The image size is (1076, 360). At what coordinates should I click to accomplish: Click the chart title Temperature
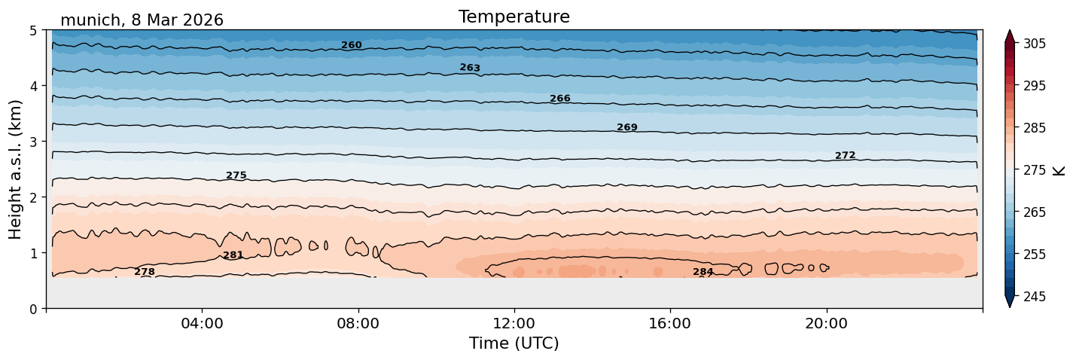click(x=514, y=17)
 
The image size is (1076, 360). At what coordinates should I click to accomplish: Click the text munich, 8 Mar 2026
click(x=142, y=20)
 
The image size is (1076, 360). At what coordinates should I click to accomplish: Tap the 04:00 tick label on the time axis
click(x=203, y=323)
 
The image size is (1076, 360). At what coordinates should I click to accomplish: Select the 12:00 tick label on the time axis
click(x=514, y=323)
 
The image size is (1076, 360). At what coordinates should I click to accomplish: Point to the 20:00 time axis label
click(x=827, y=323)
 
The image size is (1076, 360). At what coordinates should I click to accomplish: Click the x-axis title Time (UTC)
click(x=514, y=343)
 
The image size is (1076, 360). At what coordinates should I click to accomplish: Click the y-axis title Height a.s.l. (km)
click(x=15, y=169)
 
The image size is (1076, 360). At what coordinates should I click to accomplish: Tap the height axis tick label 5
click(x=33, y=31)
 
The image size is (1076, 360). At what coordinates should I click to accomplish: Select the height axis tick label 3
click(x=33, y=142)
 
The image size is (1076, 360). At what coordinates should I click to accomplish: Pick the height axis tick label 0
click(x=33, y=309)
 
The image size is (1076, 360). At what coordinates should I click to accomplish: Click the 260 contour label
click(x=351, y=45)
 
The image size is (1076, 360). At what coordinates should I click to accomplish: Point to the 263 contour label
click(x=470, y=68)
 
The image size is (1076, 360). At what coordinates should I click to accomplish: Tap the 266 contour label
click(x=560, y=99)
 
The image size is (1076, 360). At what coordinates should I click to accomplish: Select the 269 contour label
click(x=627, y=127)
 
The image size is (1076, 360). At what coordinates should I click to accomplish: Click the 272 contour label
click(x=845, y=155)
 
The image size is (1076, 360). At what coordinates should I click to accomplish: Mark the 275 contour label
click(x=236, y=175)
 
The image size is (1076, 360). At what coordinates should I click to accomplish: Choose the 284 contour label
click(x=703, y=272)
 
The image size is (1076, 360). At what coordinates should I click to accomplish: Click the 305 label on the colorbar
click(x=1035, y=44)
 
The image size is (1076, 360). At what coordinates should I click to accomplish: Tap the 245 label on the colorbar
click(x=1035, y=297)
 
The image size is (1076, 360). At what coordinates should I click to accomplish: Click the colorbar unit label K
click(x=1059, y=171)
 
